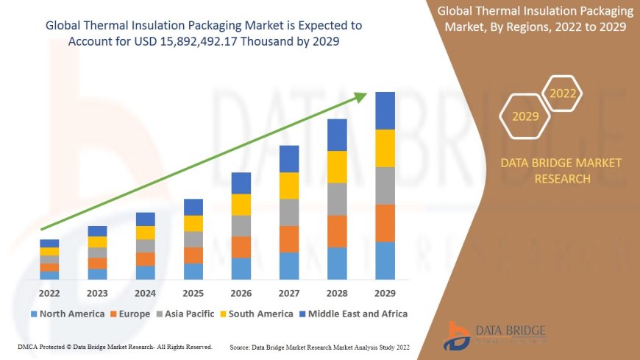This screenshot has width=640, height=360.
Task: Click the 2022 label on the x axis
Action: [x=49, y=293]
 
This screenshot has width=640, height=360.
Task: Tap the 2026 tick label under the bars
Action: [x=241, y=293]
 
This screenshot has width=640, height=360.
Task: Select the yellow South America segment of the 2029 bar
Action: [x=385, y=148]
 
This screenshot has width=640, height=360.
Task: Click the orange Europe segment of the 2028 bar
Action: [x=337, y=231]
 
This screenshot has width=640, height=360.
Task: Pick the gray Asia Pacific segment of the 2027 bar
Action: [x=289, y=212]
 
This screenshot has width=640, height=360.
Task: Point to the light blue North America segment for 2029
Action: [x=385, y=261]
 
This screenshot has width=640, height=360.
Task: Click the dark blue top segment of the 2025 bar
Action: [x=193, y=207]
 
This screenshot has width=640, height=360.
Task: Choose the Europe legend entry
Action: [x=133, y=314]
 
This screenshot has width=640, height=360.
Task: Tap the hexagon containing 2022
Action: [x=563, y=93]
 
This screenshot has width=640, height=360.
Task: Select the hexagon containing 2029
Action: [x=525, y=116]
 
